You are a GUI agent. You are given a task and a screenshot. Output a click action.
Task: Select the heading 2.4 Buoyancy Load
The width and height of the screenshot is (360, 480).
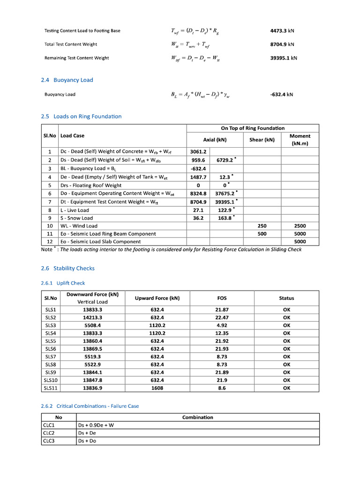[x=67, y=80]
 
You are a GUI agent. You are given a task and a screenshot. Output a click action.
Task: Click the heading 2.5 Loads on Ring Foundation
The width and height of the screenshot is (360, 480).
[x=81, y=116]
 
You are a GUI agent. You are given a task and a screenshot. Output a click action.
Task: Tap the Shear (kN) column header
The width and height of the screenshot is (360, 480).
[x=262, y=140]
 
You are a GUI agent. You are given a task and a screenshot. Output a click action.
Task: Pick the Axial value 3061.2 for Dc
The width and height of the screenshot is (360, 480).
[x=198, y=152]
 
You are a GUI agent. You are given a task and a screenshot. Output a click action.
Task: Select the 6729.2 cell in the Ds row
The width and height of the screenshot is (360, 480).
[x=225, y=160]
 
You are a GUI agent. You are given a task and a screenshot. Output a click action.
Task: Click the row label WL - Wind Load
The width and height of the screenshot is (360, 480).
[x=79, y=226]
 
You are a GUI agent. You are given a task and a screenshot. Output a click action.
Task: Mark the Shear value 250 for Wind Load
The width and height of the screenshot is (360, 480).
[x=262, y=226]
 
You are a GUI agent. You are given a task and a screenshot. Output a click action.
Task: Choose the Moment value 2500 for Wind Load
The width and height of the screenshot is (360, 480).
[x=300, y=226]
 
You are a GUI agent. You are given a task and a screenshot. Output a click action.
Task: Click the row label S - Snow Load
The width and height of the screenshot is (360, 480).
[x=77, y=218]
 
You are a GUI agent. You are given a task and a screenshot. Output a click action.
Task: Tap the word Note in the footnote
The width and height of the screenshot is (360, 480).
[x=47, y=249]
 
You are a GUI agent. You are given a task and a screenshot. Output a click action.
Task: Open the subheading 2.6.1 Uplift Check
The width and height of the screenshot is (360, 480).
[x=63, y=283]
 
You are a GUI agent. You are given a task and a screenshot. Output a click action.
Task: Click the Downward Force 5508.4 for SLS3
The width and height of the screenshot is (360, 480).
[x=92, y=325]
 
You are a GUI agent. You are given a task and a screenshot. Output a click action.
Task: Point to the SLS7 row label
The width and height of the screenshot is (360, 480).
[x=50, y=357]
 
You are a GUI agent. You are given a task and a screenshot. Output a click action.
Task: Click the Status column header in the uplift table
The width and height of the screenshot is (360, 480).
[x=286, y=298]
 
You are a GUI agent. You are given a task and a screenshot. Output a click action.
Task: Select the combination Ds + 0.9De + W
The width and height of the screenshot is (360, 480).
[x=96, y=425]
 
